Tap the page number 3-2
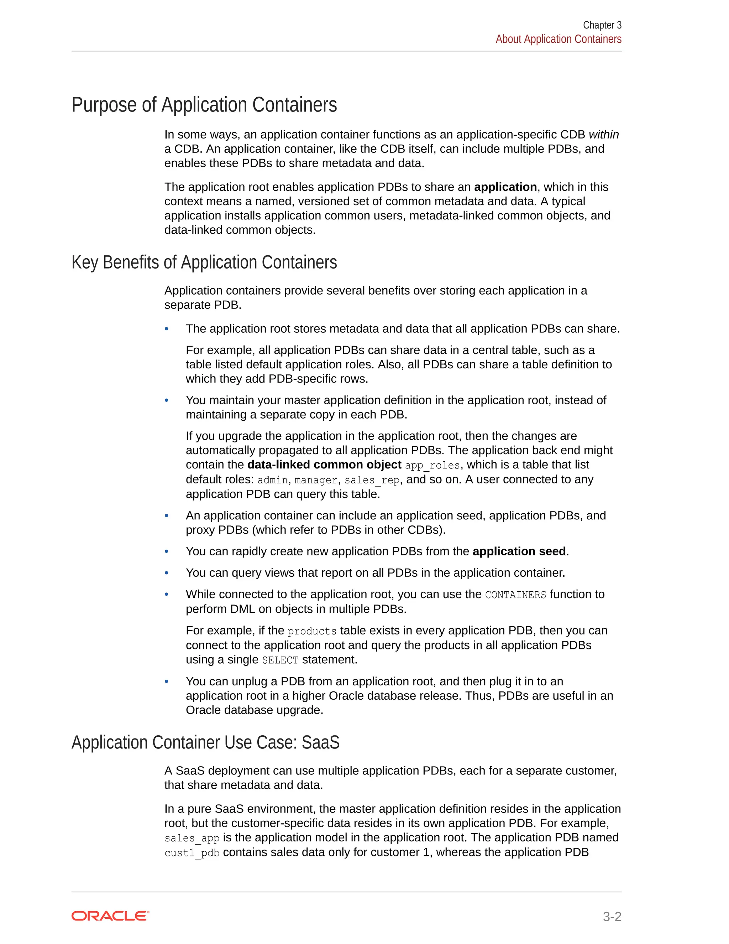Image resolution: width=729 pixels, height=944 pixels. (612, 916)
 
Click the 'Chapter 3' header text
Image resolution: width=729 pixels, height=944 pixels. (602, 25)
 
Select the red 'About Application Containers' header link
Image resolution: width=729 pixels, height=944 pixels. (558, 39)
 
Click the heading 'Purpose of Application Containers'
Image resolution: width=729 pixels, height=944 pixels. (204, 105)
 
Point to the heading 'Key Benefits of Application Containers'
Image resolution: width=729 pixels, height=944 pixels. (204, 263)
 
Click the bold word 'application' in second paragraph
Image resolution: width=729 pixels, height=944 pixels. (505, 187)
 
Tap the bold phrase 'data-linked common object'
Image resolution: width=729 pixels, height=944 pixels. (324, 465)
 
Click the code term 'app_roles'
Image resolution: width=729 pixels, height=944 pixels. (432, 466)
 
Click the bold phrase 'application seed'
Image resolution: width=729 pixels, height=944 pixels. (519, 551)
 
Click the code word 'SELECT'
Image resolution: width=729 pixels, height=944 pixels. (280, 660)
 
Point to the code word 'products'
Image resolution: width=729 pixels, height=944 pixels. (312, 632)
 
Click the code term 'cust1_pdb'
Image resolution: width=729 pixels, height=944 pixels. (192, 853)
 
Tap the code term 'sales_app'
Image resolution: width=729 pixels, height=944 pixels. (192, 838)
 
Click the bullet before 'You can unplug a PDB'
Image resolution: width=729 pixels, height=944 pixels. (167, 681)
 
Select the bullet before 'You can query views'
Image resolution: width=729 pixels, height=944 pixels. (167, 573)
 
